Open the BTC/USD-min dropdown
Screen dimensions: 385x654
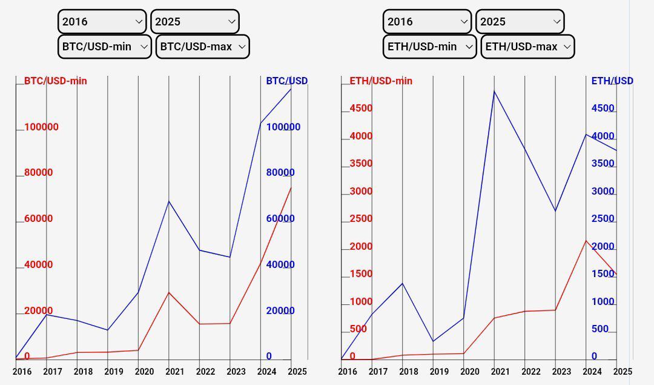[x=104, y=47]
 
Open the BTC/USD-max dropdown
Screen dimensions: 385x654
[x=202, y=47]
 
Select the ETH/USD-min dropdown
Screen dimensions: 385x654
[x=429, y=47]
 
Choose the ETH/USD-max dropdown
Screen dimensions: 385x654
[x=527, y=47]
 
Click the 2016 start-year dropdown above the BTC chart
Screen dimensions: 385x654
[x=102, y=22]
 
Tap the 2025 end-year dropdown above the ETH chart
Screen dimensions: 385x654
[x=520, y=22]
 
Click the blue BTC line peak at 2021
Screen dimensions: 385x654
[x=168, y=201]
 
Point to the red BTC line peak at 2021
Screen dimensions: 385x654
[x=168, y=292]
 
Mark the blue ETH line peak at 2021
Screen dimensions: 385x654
[x=494, y=91]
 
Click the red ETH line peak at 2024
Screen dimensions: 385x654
[x=586, y=241]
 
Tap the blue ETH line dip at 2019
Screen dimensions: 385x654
[x=433, y=341]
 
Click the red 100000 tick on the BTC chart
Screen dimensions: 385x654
[x=41, y=127]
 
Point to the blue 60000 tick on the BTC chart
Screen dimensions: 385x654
[x=280, y=219]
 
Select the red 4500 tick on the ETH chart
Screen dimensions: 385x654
[x=361, y=109]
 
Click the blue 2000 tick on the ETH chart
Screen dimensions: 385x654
[x=603, y=247]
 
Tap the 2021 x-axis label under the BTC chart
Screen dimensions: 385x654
[x=175, y=372]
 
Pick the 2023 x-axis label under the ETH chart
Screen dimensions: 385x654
[x=561, y=372]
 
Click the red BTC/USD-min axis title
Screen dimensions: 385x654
[x=56, y=81]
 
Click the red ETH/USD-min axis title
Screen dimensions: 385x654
[x=381, y=81]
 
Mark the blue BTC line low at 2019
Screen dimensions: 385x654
[x=108, y=330]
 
